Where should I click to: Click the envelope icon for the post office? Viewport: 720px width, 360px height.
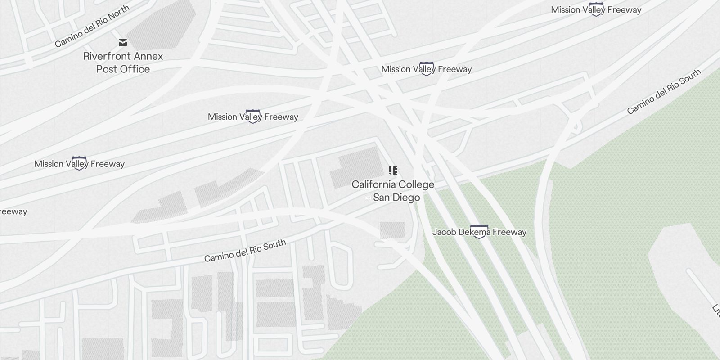click(x=123, y=43)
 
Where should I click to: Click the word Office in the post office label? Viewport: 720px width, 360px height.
click(x=135, y=69)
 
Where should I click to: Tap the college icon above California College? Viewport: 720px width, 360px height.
click(x=393, y=171)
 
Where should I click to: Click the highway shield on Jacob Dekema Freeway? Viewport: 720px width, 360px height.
click(x=479, y=231)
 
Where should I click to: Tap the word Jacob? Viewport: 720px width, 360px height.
click(x=444, y=232)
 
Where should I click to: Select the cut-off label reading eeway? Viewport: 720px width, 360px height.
click(x=13, y=211)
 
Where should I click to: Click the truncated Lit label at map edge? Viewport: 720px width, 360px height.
click(x=715, y=309)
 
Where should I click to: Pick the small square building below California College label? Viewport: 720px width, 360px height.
click(x=392, y=230)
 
